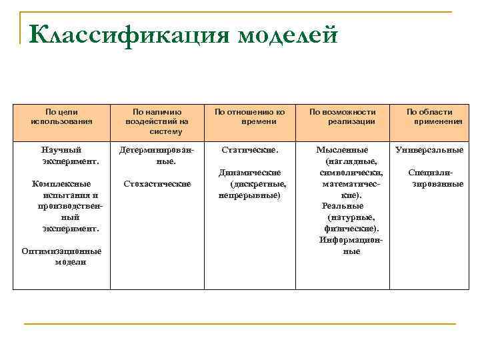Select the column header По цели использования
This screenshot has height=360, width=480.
point(61,117)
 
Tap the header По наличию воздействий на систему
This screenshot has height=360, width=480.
point(157,121)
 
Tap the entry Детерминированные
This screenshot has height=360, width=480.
point(157,155)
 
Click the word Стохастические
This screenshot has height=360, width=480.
point(157,183)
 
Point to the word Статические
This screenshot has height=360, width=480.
point(249,150)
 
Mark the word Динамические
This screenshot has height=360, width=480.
point(249,173)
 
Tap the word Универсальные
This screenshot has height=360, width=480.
point(429,150)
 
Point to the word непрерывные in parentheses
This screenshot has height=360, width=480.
point(249,195)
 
